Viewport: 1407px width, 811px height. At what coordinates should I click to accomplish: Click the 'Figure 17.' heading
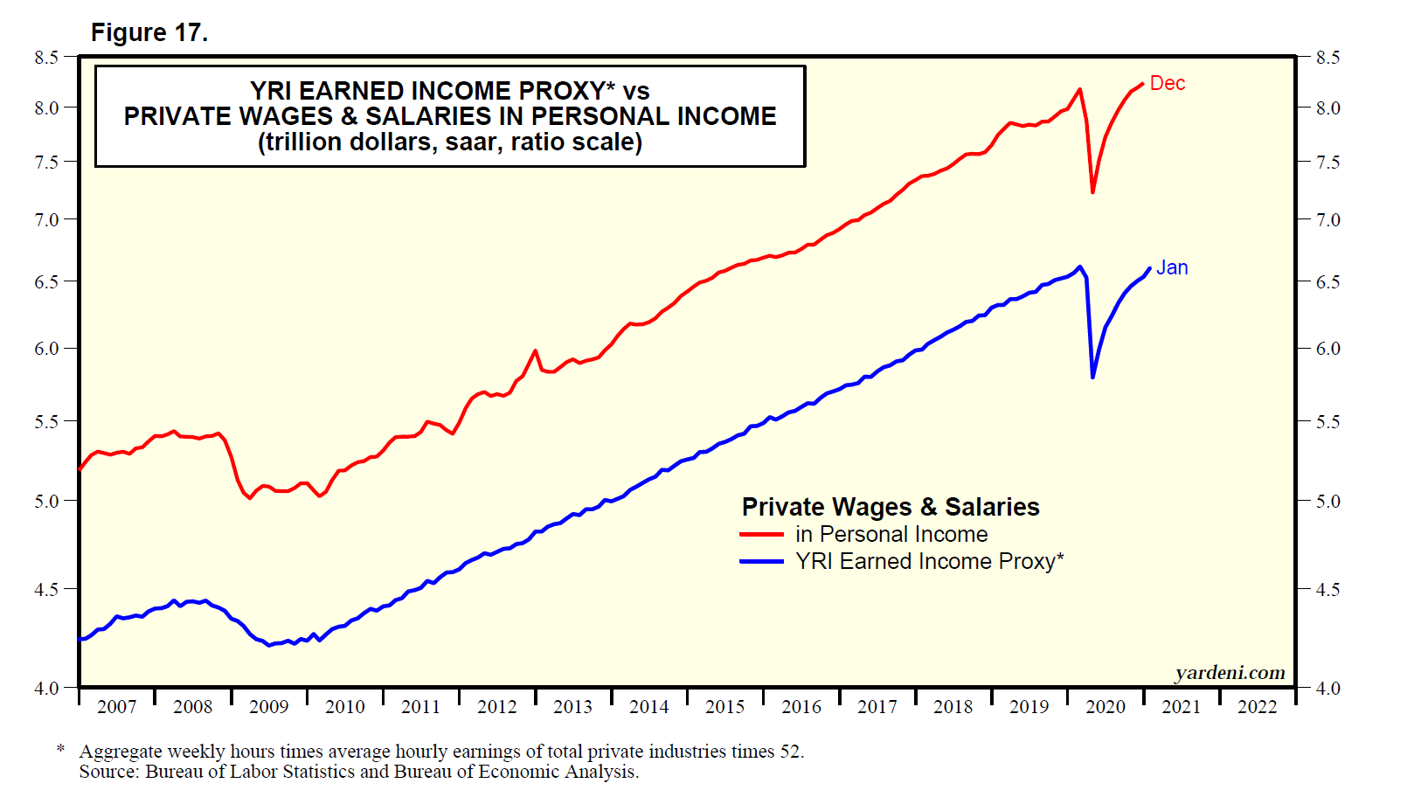[149, 33]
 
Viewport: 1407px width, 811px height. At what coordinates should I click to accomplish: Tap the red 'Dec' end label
[1167, 83]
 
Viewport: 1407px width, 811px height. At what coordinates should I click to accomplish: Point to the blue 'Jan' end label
[1172, 268]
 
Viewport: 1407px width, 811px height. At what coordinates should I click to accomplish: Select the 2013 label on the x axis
[572, 707]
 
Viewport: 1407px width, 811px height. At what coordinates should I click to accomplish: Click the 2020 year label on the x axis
[1105, 707]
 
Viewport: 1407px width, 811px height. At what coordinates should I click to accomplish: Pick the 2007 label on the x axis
[116, 707]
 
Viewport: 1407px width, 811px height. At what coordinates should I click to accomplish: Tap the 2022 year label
[1257, 707]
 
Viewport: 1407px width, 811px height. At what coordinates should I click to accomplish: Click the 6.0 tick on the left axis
[46, 348]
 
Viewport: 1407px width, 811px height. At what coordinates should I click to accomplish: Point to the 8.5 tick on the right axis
[1327, 58]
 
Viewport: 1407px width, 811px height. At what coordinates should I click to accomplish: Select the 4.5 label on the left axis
[46, 589]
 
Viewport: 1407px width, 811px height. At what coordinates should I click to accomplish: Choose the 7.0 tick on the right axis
[1327, 219]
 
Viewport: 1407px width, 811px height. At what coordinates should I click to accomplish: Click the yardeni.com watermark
[1230, 672]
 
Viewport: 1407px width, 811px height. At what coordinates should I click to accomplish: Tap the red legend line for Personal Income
[761, 534]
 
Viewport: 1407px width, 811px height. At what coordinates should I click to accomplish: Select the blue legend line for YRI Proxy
[761, 561]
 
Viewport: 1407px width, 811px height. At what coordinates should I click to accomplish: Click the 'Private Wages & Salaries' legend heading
[891, 507]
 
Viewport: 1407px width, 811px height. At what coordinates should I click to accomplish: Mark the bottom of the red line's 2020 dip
[1092, 191]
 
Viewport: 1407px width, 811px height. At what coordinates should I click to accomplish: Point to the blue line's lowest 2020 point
[1092, 377]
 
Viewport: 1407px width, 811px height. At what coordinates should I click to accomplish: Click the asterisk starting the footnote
[60, 749]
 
